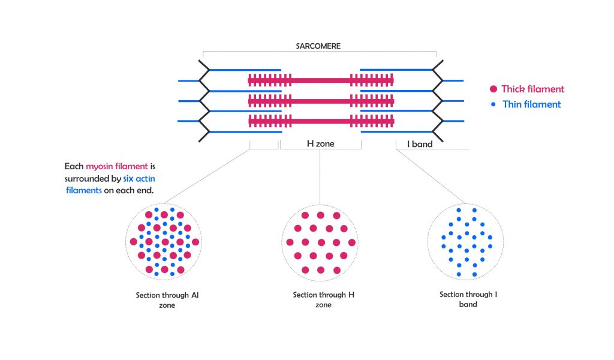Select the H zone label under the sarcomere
pos(321,144)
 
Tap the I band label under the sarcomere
pos(420,144)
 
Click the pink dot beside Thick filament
pos(493,89)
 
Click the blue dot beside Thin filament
pos(493,104)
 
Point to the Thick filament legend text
pos(532,89)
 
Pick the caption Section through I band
pos(468,299)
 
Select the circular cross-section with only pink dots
pos(320,242)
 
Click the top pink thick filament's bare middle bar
pos(320,80)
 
